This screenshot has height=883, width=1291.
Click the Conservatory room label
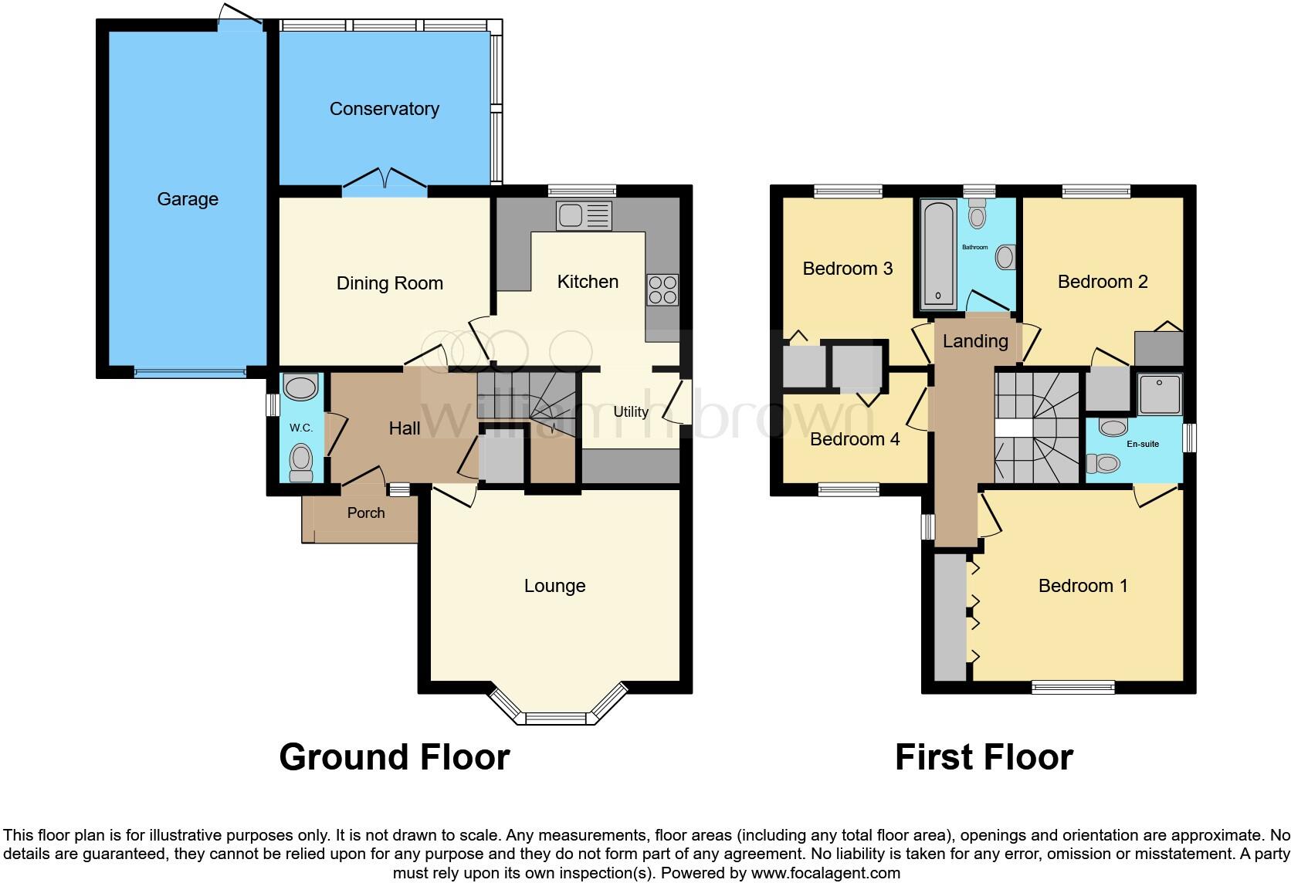click(384, 109)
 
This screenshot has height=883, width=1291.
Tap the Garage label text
click(188, 199)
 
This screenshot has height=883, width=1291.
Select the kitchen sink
click(584, 215)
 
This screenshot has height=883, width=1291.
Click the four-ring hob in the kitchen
click(662, 290)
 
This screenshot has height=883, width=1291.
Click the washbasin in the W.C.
click(300, 387)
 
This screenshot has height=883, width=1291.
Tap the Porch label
click(365, 513)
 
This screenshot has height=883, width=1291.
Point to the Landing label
click(975, 341)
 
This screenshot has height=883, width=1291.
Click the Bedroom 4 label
click(855, 439)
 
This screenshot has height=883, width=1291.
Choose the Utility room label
click(630, 411)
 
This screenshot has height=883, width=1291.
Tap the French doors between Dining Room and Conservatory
click(385, 180)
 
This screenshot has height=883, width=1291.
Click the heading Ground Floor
click(394, 757)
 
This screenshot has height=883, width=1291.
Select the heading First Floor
click(983, 757)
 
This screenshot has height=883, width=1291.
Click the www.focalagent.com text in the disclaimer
click(825, 874)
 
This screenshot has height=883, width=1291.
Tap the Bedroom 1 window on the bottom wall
click(1073, 686)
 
